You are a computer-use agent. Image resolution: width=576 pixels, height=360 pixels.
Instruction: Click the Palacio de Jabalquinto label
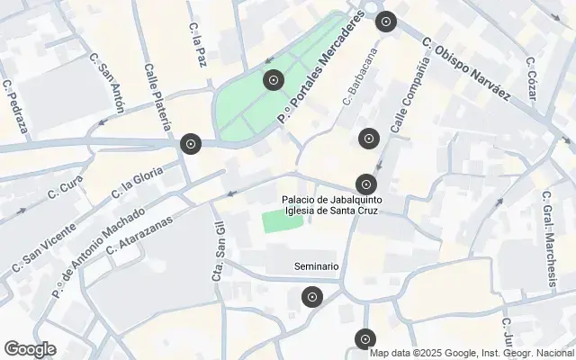pyautogui.click(x=328, y=199)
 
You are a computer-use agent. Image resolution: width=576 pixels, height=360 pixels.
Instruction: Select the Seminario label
pyautogui.click(x=317, y=266)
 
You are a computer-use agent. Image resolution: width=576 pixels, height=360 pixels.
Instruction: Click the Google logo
pyautogui.click(x=30, y=349)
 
